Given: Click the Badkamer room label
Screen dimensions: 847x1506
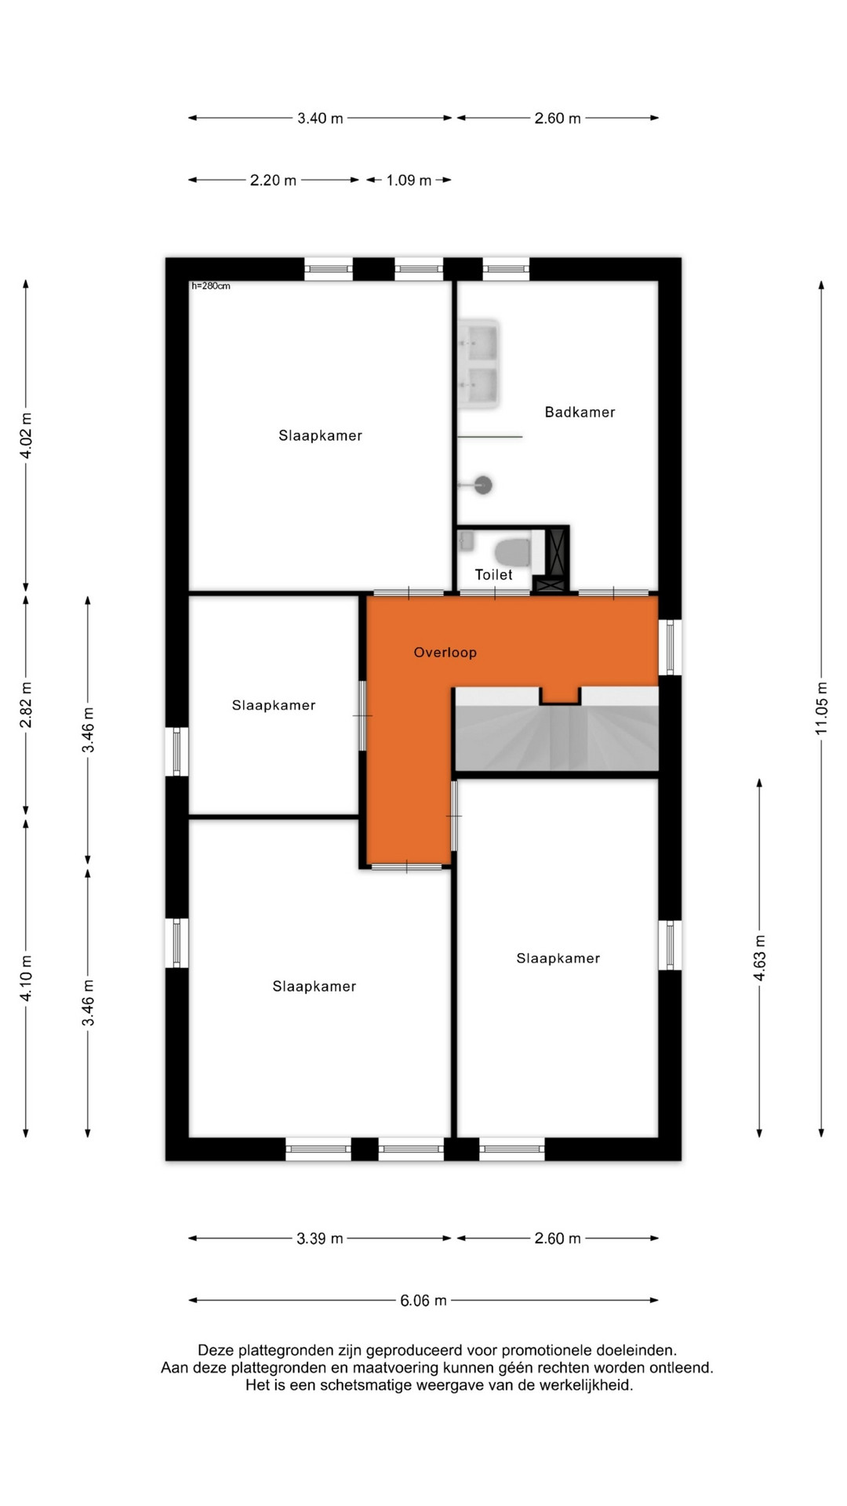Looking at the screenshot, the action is click(x=580, y=412).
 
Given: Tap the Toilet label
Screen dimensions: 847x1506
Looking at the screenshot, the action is click(x=493, y=575).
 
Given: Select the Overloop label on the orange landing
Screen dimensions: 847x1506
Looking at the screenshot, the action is click(x=445, y=652).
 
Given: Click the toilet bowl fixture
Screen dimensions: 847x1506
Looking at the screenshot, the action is click(x=514, y=551).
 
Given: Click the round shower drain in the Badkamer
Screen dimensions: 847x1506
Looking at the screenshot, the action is click(x=483, y=486).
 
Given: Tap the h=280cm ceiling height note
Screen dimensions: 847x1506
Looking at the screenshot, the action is click(x=211, y=286).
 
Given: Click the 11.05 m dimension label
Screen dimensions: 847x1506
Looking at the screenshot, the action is click(x=821, y=708).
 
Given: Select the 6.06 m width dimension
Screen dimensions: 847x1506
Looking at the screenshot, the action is click(x=423, y=1300).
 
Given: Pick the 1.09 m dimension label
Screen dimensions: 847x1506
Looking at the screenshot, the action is click(x=409, y=180).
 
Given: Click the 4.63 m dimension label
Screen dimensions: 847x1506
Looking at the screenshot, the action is click(x=759, y=959).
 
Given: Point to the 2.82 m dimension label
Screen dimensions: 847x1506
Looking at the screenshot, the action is click(x=26, y=704).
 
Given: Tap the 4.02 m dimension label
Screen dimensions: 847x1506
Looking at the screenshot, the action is click(x=26, y=435).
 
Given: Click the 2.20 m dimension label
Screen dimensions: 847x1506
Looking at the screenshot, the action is click(x=273, y=180).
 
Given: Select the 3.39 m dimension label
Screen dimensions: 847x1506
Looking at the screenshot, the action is click(x=320, y=1239).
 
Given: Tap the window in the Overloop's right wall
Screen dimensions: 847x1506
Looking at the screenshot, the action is click(x=670, y=647).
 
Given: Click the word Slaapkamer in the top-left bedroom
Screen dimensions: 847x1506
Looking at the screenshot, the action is click(x=320, y=435).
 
